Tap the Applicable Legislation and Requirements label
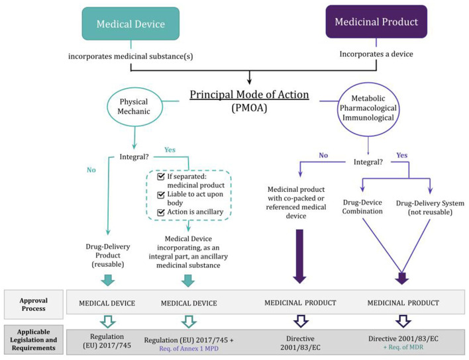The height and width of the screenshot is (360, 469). [33, 338]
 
